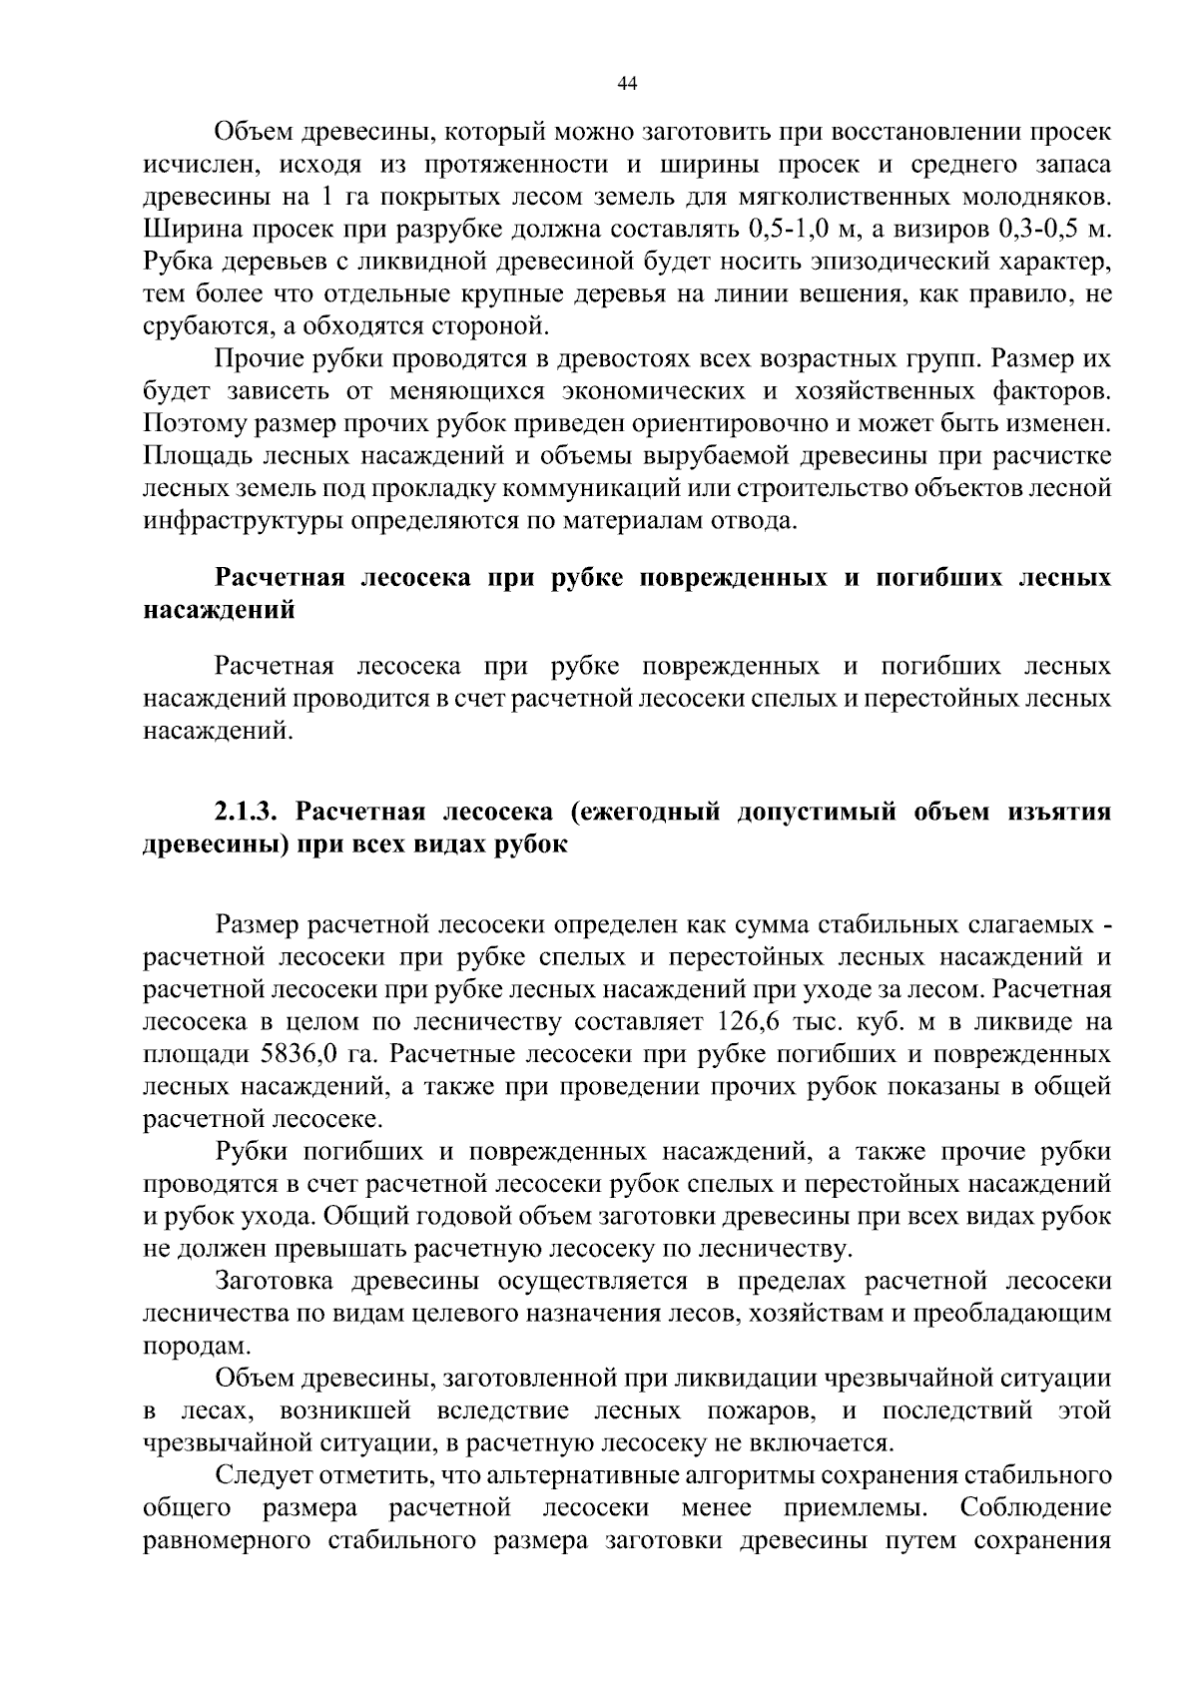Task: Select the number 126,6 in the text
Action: [749, 1022]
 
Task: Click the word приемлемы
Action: [858, 1507]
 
